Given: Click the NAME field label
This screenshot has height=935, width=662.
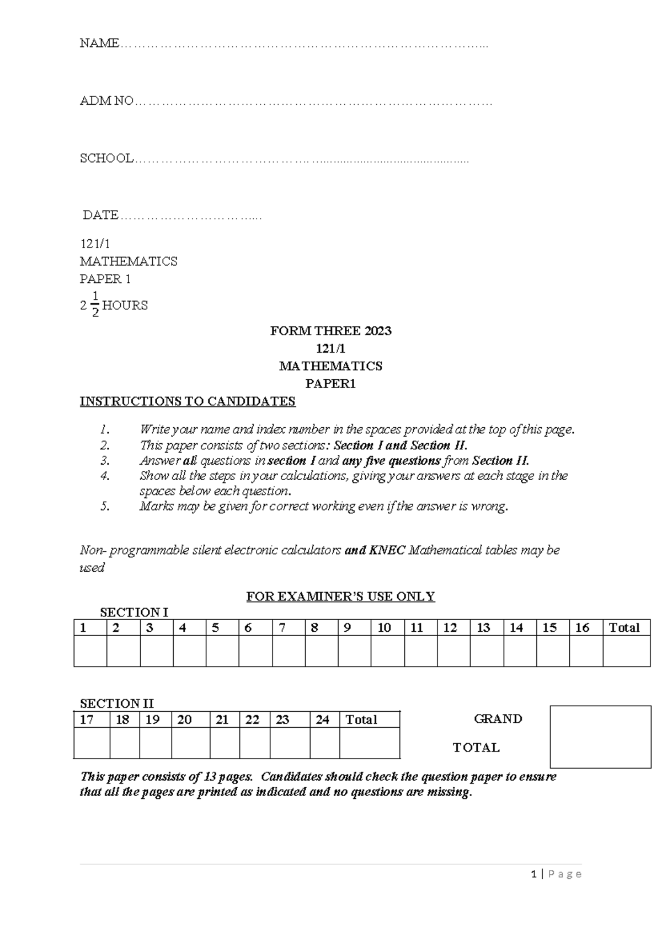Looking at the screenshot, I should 99,43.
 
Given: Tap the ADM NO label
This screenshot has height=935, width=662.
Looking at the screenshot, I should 106,101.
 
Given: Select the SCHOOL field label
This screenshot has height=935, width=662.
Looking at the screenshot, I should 106,159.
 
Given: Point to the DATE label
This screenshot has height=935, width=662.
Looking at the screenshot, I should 100,215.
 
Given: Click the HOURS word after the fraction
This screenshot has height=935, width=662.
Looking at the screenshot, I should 125,305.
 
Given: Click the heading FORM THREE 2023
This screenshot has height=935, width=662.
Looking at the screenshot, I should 330,331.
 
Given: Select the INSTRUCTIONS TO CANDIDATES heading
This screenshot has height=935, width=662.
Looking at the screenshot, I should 188,401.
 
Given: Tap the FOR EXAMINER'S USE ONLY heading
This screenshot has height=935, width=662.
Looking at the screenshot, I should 340,597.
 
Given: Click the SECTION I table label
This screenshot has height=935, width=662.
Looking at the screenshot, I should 134,612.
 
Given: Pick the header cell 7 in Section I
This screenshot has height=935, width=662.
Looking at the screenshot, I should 282,628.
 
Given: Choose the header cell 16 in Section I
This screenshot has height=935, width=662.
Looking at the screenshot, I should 582,628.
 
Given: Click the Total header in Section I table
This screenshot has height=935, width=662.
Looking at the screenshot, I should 624,628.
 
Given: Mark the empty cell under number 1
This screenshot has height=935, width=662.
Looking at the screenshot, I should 90,651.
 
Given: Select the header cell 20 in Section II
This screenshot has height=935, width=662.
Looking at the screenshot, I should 184,719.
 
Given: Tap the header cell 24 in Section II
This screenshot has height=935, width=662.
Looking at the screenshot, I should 323,719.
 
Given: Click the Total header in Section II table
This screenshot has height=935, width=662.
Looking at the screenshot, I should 361,719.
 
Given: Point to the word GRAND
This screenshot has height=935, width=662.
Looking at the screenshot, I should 498,719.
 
